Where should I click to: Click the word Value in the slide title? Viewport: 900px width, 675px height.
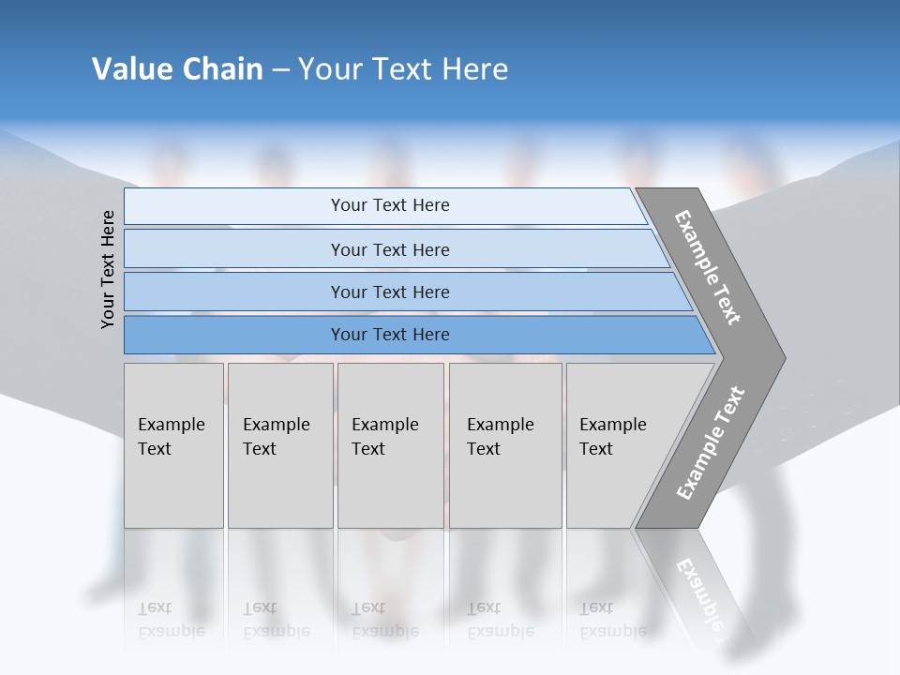(131, 69)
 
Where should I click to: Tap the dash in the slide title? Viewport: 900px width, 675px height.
(280, 70)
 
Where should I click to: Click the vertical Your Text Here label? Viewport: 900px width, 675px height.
(108, 269)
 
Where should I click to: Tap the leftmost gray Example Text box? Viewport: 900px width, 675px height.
(173, 445)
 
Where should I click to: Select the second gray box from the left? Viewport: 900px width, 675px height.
(280, 445)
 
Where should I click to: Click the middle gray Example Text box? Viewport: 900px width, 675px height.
(390, 445)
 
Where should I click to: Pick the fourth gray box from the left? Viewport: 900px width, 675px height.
(505, 445)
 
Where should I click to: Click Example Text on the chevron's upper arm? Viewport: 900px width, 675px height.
(708, 267)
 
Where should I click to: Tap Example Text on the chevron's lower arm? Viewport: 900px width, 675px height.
(711, 443)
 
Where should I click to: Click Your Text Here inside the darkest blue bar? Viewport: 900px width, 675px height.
(390, 335)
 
